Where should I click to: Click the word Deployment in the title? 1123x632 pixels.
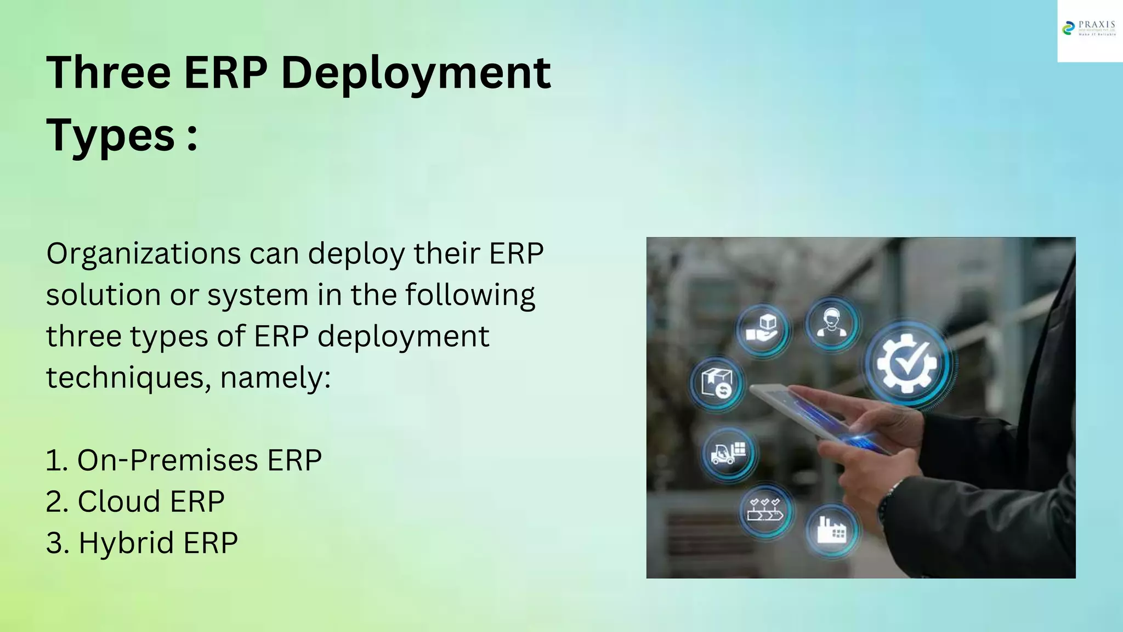[416, 74]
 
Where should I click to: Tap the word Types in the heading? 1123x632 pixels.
[110, 136]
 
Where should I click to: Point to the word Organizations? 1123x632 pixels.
[144, 254]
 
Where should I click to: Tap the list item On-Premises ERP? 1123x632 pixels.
[184, 460]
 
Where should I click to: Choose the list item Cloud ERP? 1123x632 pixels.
[135, 501]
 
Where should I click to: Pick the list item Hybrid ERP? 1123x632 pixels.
[142, 543]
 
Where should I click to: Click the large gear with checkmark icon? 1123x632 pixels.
[907, 364]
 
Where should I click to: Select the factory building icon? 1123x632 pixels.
[831, 530]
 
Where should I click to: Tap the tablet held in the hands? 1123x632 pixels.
[806, 411]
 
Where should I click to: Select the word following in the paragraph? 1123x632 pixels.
[470, 295]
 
